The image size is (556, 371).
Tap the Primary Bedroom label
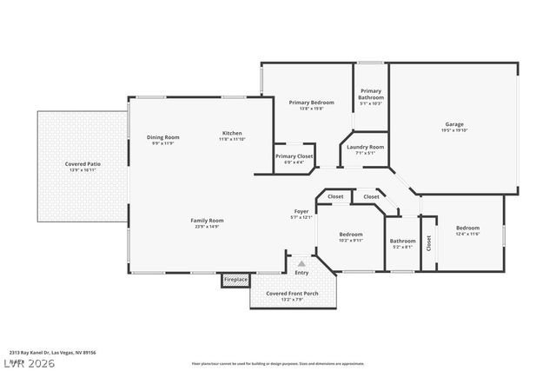[x=311, y=103]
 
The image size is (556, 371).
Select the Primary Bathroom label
[x=371, y=94]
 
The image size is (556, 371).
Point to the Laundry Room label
[x=365, y=147]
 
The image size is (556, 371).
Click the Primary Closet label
[x=295, y=156]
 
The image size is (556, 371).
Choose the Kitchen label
[x=231, y=133]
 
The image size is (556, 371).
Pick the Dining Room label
[x=162, y=137]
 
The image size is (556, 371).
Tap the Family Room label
[x=207, y=221]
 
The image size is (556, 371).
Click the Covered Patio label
[x=83, y=164]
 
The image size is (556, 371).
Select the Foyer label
[x=301, y=211]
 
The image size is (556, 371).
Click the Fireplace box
[x=235, y=279]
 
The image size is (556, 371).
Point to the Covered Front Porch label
[x=292, y=294]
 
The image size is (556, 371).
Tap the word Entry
[x=301, y=273]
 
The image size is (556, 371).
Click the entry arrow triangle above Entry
[x=301, y=262]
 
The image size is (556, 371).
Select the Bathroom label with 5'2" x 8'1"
[x=402, y=241]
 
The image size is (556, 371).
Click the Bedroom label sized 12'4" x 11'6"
[x=467, y=230]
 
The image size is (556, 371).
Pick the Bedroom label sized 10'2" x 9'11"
[x=350, y=235]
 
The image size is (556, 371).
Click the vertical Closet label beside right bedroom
[x=428, y=243]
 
